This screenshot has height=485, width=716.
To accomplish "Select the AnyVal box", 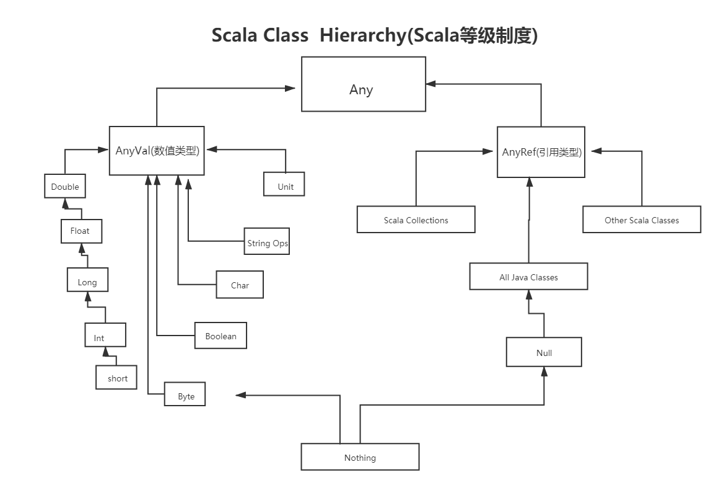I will [x=157, y=151].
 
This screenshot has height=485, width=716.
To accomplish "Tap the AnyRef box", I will [x=541, y=152].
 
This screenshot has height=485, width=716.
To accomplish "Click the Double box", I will [x=65, y=186].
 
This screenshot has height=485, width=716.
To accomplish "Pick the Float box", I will [x=81, y=231].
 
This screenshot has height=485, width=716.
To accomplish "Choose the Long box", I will [x=87, y=282].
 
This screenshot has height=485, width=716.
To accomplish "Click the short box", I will [x=116, y=378].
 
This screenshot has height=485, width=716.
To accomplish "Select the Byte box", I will [x=185, y=396].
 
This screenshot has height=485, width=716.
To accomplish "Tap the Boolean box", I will [x=220, y=336].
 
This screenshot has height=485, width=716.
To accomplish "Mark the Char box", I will [x=240, y=285].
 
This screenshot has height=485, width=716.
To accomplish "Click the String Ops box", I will [x=267, y=242].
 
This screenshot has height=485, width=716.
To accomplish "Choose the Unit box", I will [x=284, y=185].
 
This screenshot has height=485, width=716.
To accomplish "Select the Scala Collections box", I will [x=416, y=220].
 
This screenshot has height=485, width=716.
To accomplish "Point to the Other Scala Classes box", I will [x=642, y=220].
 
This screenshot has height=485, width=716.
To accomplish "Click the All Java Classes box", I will [x=528, y=277].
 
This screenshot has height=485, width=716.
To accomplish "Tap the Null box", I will [x=544, y=352].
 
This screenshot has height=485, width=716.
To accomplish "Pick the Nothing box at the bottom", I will [x=360, y=457].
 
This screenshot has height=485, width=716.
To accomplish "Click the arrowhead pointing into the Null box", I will [x=544, y=371].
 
